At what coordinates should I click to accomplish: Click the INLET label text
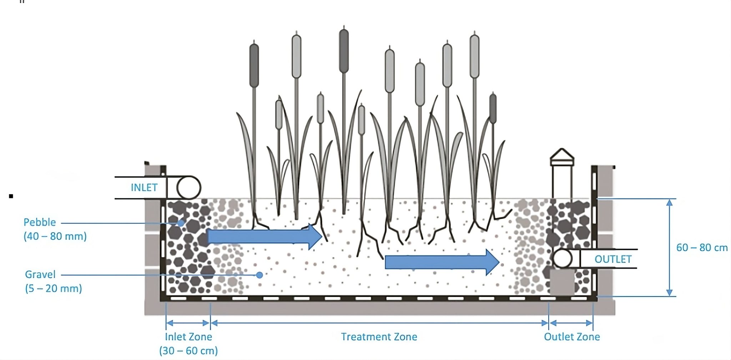[x=144, y=188]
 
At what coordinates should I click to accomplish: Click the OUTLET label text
[x=613, y=259]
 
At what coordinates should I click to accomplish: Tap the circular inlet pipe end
[x=189, y=188]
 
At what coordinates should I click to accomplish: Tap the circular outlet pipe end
[x=563, y=259]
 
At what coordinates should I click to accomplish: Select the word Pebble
[x=40, y=222]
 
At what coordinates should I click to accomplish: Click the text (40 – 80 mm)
[x=55, y=236]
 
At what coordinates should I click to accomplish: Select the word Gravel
[x=40, y=274]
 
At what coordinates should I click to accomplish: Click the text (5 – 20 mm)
[x=54, y=288]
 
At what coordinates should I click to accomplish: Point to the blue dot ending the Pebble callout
[x=181, y=223]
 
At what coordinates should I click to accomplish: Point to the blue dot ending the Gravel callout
[x=259, y=275]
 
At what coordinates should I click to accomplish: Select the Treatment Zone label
[x=379, y=337]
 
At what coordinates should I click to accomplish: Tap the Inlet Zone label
[x=188, y=337]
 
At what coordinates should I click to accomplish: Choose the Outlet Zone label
[x=571, y=337]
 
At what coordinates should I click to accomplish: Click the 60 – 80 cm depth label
[x=701, y=248]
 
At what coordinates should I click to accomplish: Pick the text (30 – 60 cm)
[x=188, y=351]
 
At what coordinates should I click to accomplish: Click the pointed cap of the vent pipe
[x=562, y=156]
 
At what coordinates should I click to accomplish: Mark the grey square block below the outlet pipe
[x=562, y=282]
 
